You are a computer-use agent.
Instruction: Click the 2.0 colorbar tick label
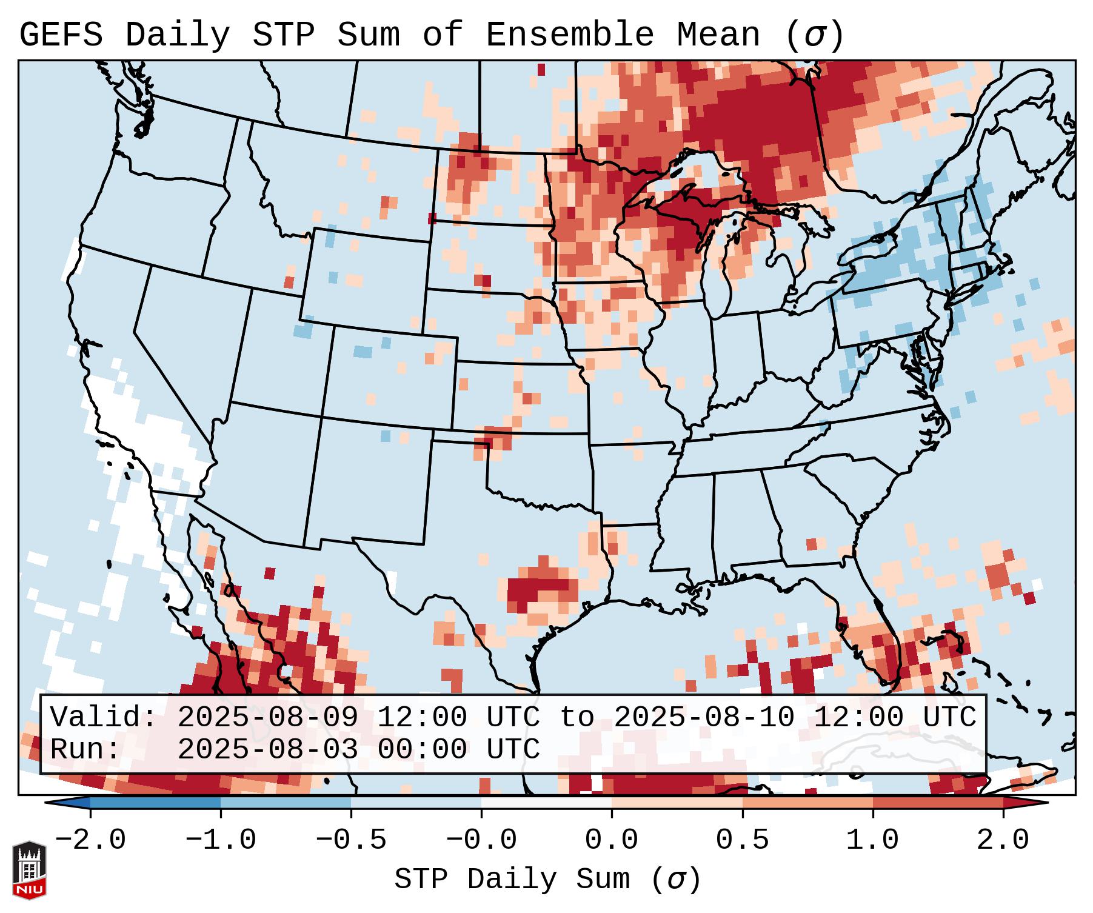(x=1003, y=840)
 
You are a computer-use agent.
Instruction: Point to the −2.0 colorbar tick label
(x=90, y=840)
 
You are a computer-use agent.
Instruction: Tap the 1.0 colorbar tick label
(x=872, y=840)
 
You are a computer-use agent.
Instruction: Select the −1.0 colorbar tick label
(x=221, y=840)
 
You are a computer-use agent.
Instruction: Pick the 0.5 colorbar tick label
(x=742, y=840)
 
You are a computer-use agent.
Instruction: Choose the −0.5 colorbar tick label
(x=351, y=840)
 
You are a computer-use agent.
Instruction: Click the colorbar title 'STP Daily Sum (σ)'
(x=547, y=880)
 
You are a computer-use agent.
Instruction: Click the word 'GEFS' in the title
(x=61, y=35)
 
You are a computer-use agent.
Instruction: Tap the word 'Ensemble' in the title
(x=570, y=35)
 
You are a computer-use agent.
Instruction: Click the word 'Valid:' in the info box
(x=104, y=718)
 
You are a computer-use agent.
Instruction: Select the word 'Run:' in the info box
(x=85, y=750)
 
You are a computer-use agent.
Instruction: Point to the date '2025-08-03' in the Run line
(x=267, y=750)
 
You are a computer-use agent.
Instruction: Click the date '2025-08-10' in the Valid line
(x=704, y=718)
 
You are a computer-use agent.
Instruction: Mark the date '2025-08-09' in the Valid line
(x=267, y=718)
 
